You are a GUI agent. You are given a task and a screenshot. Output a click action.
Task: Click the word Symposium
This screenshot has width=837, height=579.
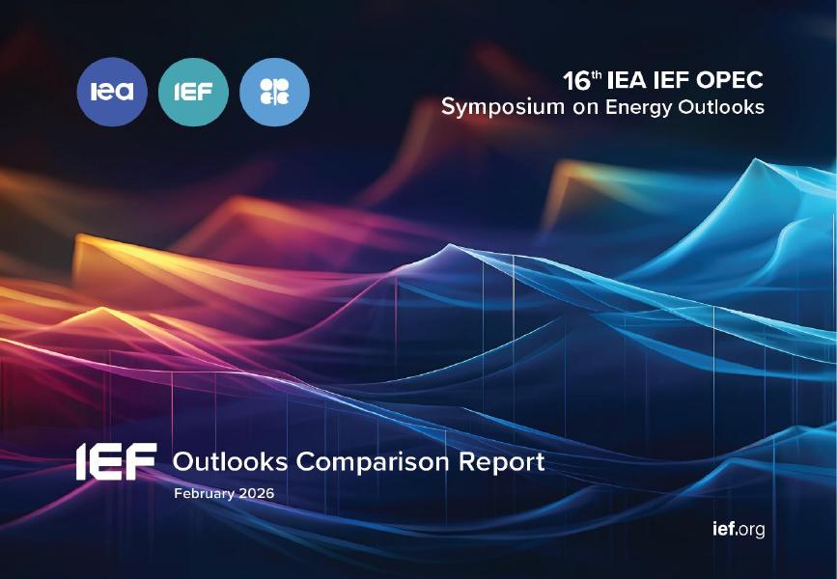(502, 107)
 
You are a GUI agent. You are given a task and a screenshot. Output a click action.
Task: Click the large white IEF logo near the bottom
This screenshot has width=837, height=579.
(116, 462)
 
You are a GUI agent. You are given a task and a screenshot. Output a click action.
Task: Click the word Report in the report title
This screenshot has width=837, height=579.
(508, 462)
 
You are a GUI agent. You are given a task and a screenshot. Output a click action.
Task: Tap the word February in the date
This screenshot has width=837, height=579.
(204, 493)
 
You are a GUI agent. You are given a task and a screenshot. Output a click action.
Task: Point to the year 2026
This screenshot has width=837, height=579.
(256, 493)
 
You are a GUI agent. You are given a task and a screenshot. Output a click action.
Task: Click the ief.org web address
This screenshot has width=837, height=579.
(737, 530)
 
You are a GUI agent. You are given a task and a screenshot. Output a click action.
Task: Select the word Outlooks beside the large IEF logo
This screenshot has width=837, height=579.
(230, 462)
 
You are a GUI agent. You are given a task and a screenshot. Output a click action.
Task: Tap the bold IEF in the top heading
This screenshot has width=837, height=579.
(675, 81)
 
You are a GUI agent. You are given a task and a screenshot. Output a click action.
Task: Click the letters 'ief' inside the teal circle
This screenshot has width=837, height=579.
(193, 93)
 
